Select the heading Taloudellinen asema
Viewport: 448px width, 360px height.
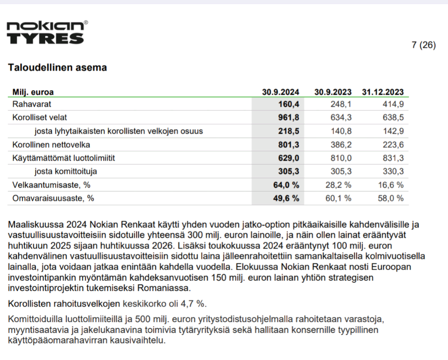(x=57, y=67)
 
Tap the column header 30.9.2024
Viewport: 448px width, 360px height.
(x=281, y=92)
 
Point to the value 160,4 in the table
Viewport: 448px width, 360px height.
(x=289, y=104)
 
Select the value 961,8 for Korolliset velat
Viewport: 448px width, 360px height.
(x=289, y=118)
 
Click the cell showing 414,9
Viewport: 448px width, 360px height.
(x=393, y=104)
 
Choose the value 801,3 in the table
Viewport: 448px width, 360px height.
(x=289, y=145)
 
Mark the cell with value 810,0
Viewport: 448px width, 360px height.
(x=341, y=158)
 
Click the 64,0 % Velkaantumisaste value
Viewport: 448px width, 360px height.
(x=287, y=185)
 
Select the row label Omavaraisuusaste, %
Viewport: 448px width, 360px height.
(x=53, y=198)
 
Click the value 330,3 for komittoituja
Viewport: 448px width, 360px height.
(x=393, y=171)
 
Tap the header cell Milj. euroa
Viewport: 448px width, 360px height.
(x=33, y=92)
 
